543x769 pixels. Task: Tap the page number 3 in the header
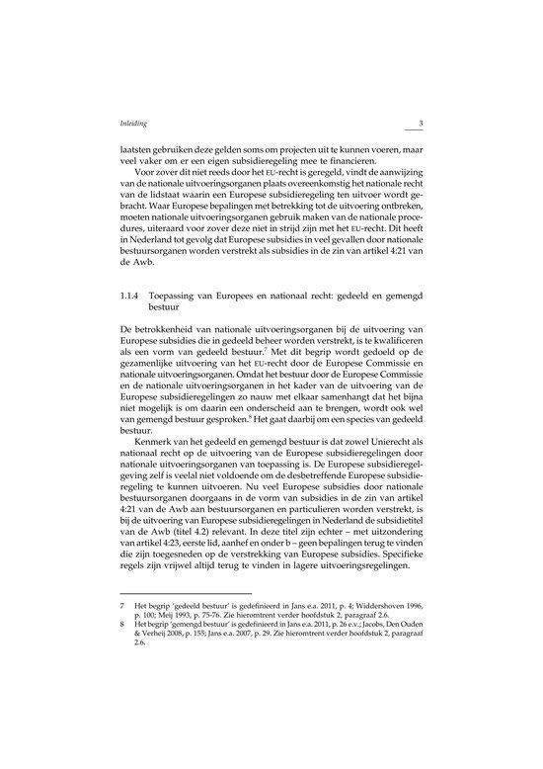click(x=421, y=123)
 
